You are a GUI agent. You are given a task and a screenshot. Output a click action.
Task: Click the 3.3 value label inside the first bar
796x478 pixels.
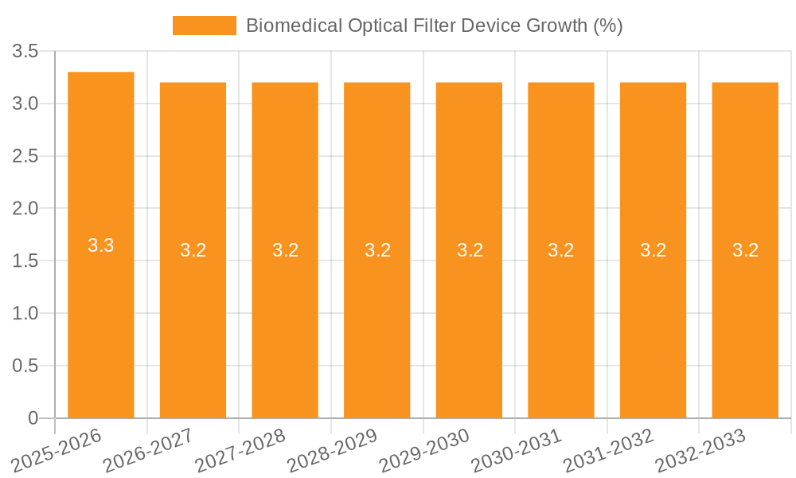(101, 245)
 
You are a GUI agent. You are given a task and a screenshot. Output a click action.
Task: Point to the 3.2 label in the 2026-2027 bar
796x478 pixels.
(193, 250)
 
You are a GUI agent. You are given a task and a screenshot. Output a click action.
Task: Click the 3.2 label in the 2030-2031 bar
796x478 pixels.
(560, 250)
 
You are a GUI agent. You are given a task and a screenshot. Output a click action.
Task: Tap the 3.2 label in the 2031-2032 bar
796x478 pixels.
(653, 250)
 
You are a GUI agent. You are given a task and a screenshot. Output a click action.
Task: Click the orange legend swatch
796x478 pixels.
(205, 25)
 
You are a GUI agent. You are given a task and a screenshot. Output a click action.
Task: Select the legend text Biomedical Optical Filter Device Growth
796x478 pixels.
(434, 25)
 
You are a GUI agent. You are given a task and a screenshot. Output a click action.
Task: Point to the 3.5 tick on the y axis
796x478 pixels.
(25, 52)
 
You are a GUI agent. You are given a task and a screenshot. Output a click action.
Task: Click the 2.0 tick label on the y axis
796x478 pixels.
(25, 209)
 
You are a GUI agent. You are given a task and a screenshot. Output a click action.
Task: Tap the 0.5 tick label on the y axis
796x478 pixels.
(25, 366)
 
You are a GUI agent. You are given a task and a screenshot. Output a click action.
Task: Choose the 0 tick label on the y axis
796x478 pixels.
(33, 418)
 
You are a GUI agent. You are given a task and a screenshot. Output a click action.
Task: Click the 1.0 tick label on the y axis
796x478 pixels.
(25, 314)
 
